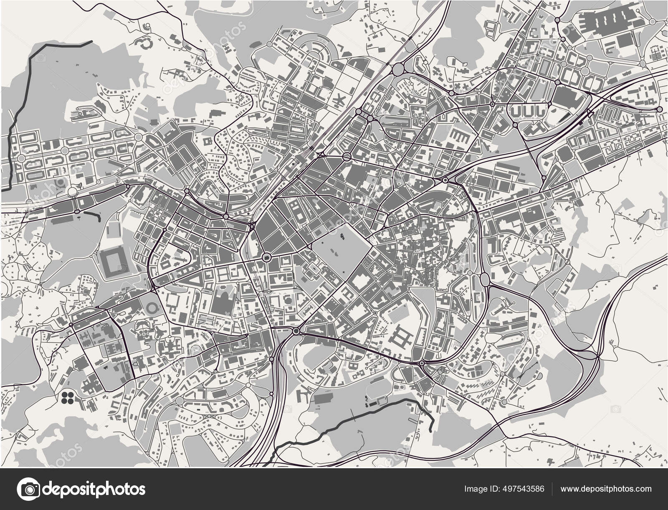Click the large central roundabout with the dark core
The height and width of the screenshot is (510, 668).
coord(266,256)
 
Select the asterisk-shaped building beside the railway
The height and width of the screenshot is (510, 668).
coord(340,101)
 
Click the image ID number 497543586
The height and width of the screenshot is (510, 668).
coord(522,489)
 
